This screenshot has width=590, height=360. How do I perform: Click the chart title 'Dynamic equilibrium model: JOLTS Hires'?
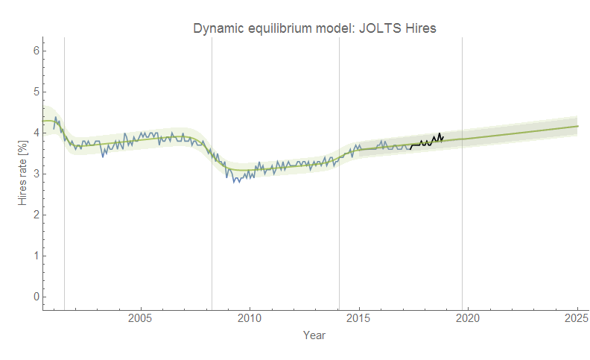[x=314, y=28]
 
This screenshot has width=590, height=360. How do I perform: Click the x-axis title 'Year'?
[x=314, y=335]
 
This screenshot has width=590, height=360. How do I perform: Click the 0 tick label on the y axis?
[x=35, y=297]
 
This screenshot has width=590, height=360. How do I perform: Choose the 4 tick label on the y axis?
[x=35, y=133]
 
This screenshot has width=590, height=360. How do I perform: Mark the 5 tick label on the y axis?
[x=35, y=92]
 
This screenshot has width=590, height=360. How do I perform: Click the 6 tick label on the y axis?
[x=35, y=51]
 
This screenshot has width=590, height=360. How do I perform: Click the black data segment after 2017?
[x=427, y=142]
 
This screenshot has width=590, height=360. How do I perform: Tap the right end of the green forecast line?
[x=577, y=126]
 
